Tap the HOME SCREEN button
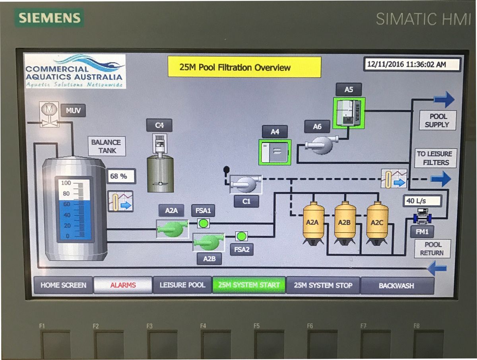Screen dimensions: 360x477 point(63,285)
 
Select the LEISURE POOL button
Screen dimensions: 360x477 point(182,285)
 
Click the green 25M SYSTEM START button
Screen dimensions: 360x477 point(249,285)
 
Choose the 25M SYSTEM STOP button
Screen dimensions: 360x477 point(323,285)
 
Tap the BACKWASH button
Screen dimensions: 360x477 point(396,286)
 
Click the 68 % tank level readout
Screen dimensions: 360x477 point(121,176)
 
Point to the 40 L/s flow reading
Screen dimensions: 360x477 point(422,201)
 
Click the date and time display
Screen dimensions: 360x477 point(412,64)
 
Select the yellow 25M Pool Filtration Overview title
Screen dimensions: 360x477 point(244,67)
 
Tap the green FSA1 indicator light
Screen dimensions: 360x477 point(204,223)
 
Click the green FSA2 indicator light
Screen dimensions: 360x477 point(241,237)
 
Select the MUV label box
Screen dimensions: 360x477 point(73,110)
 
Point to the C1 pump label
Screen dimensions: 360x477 point(246,201)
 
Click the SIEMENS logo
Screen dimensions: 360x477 point(50,18)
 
